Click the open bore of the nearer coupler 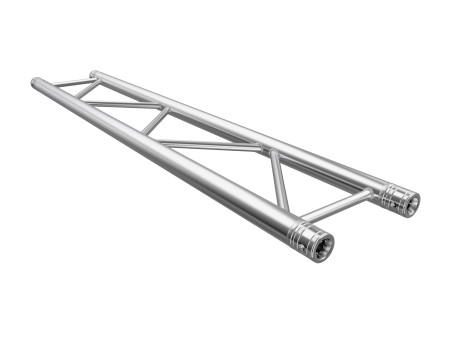pos(322,246)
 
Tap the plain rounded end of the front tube pos(36,84)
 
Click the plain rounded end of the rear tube pos(94,75)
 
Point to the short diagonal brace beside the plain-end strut pos(87,89)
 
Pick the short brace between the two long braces pos(154,121)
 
